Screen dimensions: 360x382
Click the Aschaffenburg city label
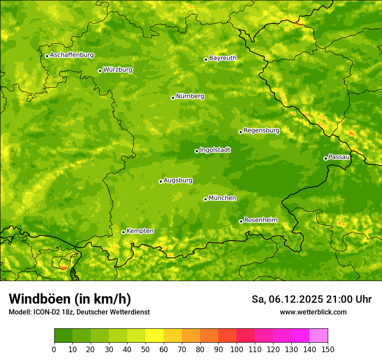tap(72, 55)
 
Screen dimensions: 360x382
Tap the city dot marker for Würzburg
tap(100, 71)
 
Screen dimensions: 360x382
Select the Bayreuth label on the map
tap(223, 58)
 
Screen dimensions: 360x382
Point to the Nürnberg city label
tap(190, 96)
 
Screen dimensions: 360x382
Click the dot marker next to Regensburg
tap(240, 132)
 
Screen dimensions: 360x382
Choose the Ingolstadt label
tap(215, 150)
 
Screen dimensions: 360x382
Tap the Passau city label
tap(339, 157)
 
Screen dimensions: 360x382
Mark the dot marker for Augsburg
tap(161, 181)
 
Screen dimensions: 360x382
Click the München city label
tap(222, 198)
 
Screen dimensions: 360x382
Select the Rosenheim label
tap(260, 220)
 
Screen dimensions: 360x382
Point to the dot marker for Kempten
tap(123, 232)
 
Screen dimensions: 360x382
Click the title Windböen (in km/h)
tap(69, 299)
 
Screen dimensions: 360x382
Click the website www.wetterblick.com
tap(313, 312)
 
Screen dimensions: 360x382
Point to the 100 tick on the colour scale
tap(237, 350)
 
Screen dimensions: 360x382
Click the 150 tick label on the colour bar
tap(328, 350)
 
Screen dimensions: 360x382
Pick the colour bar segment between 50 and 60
tap(155, 336)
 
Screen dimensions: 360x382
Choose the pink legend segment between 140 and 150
tap(319, 336)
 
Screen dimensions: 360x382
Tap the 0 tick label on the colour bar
tap(54, 350)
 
